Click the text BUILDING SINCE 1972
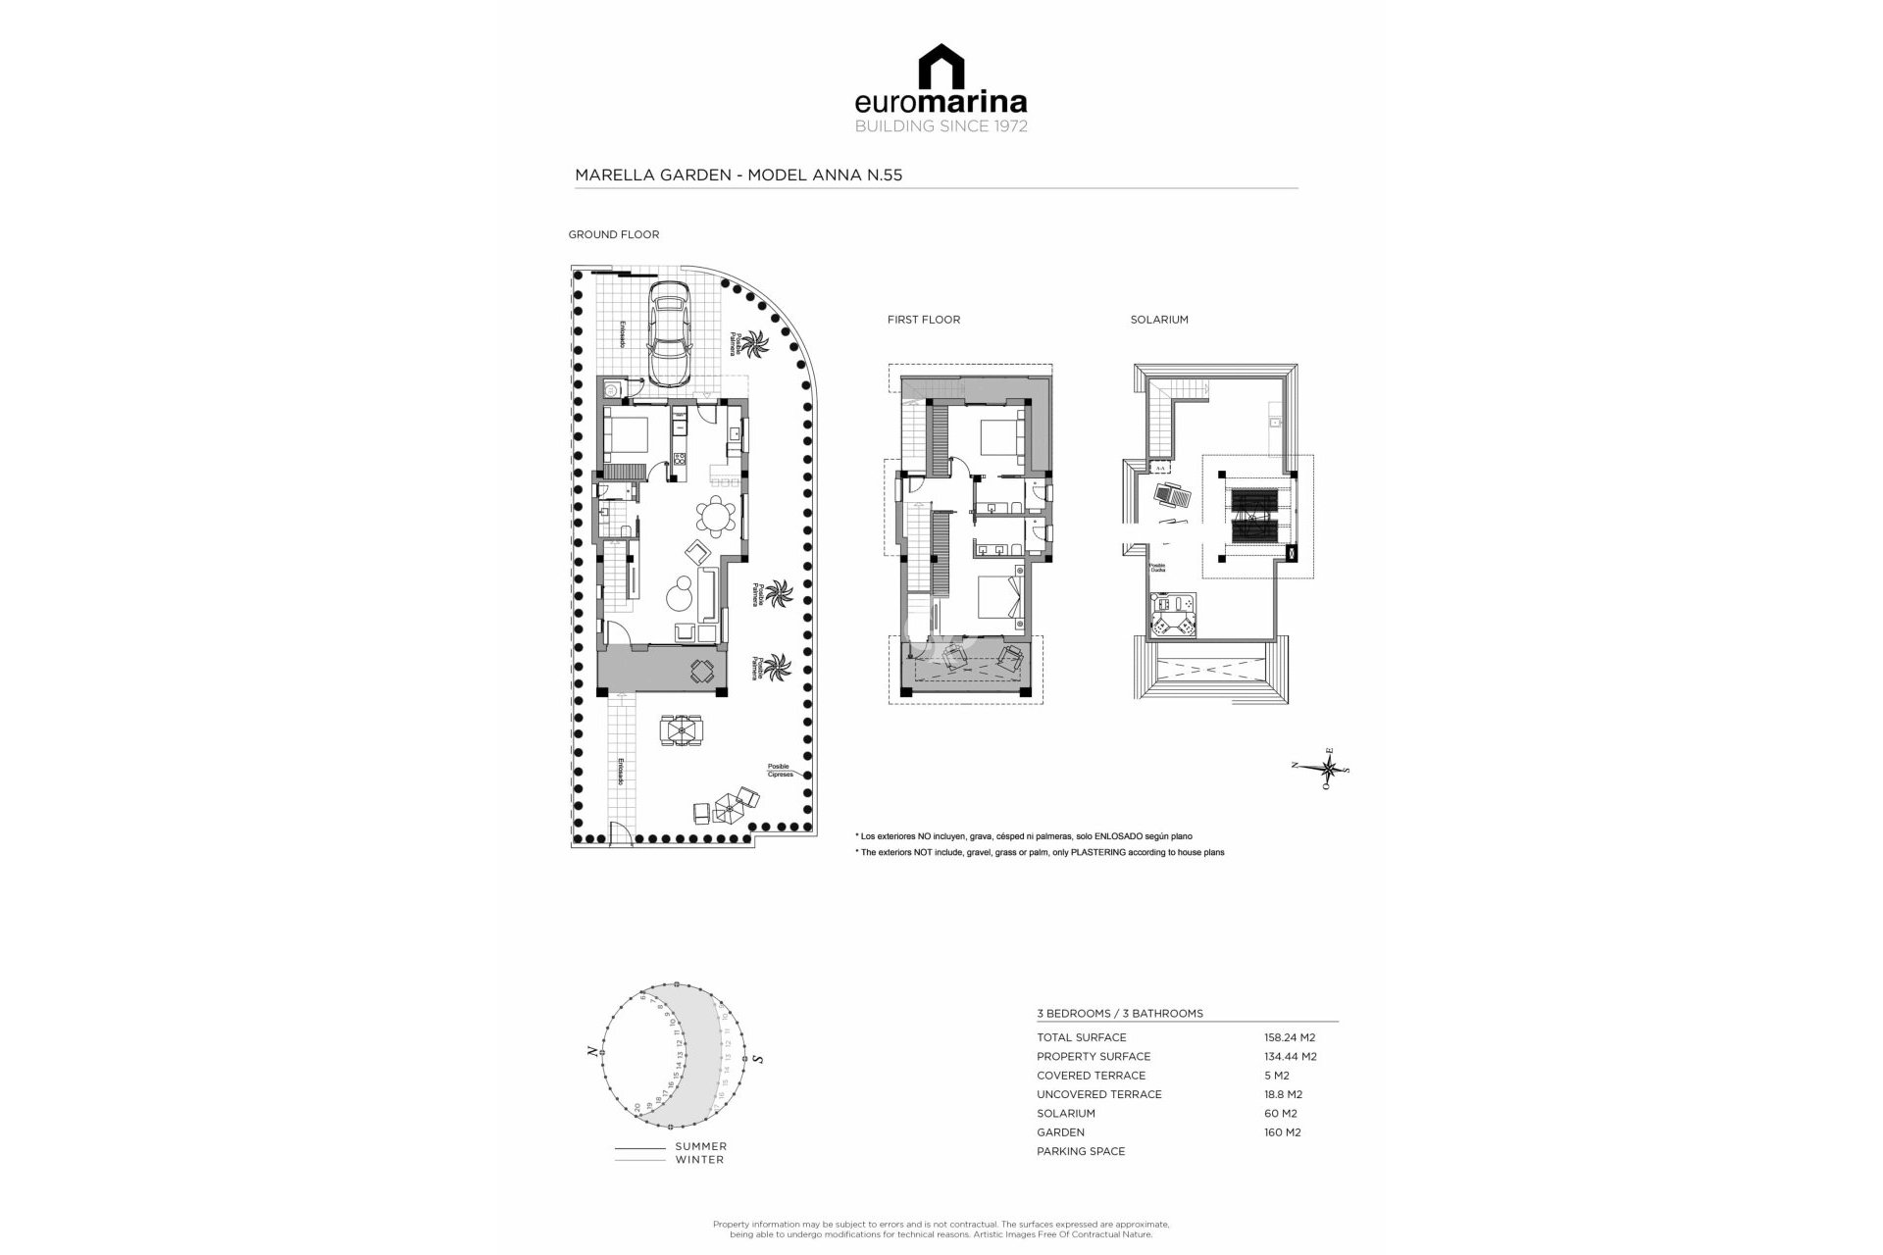coord(941,126)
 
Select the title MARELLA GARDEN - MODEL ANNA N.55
coord(738,176)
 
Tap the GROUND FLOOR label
coord(613,234)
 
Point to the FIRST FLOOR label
coord(923,320)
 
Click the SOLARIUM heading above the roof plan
coord(1158,320)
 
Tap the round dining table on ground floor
coord(716,516)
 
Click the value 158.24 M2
coord(1289,1037)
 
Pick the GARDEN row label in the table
coord(1060,1132)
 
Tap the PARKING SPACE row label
coord(1080,1151)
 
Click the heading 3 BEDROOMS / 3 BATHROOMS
coord(1119,1014)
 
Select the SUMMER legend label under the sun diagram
coord(700,1146)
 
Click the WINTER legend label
coord(699,1160)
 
